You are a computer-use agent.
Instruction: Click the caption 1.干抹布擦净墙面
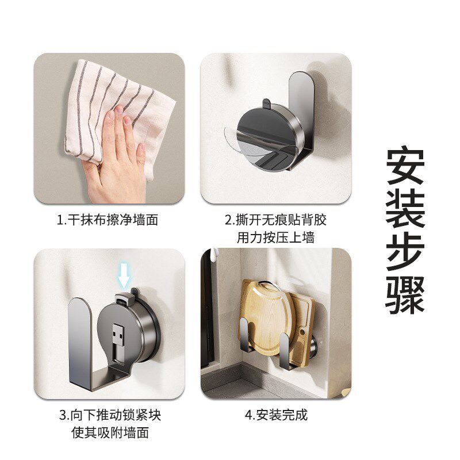[x=108, y=220]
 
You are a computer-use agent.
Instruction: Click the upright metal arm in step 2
[x=302, y=115]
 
